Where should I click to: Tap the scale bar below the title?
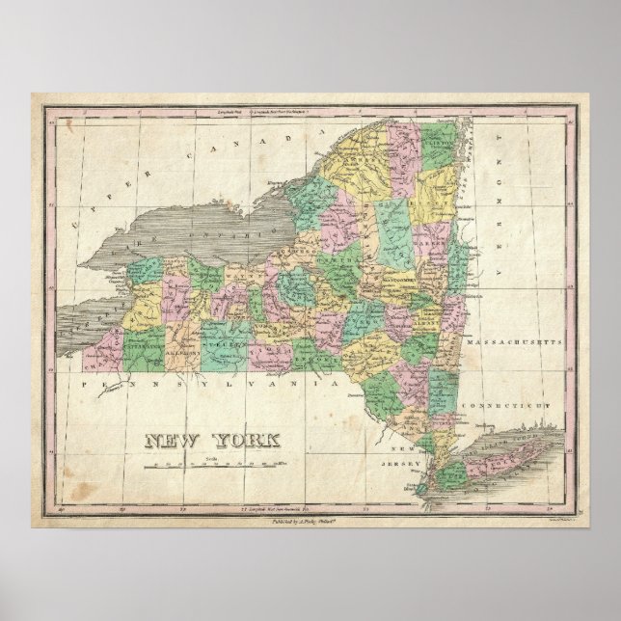199,465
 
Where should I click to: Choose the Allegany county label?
187,353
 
